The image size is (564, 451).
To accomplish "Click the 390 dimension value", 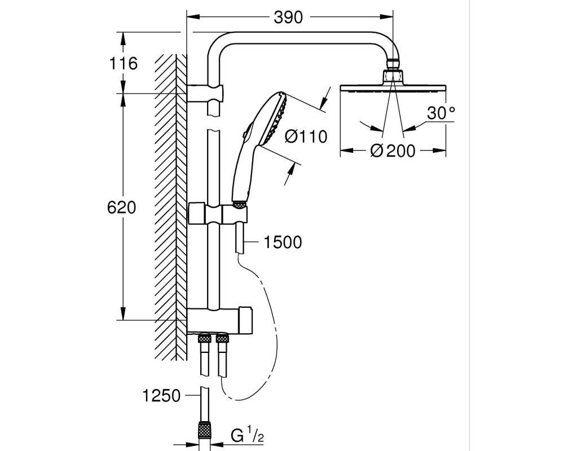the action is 288,17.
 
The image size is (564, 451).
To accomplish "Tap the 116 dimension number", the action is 123,64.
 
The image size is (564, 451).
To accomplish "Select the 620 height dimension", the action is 122,207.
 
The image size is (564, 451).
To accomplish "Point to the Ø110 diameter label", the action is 306,136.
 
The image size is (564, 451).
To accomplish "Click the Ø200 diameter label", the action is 393,151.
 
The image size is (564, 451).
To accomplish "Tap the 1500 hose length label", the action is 283,242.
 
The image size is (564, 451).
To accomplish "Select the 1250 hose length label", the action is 161,396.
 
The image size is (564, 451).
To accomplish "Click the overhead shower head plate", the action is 393,88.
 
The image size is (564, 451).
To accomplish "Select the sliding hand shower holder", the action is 218,214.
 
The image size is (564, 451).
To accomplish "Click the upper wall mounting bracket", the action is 205,94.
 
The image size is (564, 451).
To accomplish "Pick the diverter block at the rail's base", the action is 219,320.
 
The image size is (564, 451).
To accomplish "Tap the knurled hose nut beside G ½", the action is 205,430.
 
